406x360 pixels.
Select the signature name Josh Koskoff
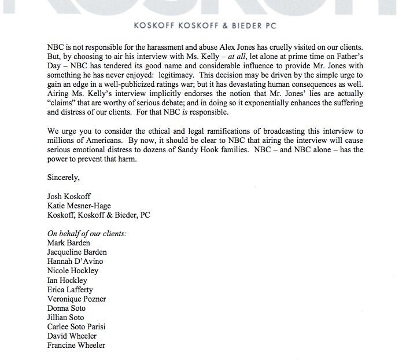[x=69, y=196]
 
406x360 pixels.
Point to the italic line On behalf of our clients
[x=87, y=233]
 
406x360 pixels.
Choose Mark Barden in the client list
[x=69, y=243]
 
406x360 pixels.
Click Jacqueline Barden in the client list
[x=77, y=252]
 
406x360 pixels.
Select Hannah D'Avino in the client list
[x=75, y=262]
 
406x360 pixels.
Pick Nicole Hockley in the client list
[x=73, y=271]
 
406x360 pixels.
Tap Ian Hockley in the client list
[x=68, y=280]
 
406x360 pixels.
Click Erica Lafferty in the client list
[x=70, y=289]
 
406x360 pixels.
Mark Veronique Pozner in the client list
[x=77, y=299]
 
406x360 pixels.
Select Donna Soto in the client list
[x=66, y=308]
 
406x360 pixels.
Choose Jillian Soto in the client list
[x=66, y=317]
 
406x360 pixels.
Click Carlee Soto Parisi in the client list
[x=76, y=326]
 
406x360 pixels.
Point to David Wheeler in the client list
[x=72, y=336]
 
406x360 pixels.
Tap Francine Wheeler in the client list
[x=76, y=346]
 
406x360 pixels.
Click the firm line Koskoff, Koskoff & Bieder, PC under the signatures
[x=99, y=215]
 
